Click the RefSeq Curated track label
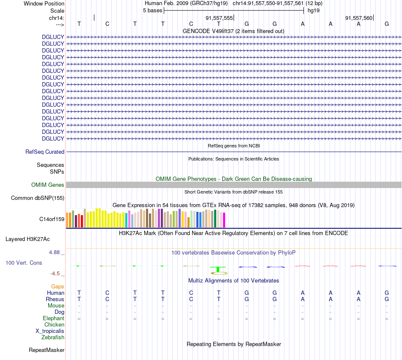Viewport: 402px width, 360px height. (x=45, y=152)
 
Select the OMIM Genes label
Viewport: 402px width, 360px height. (x=47, y=185)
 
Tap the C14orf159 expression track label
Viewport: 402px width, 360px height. (x=52, y=219)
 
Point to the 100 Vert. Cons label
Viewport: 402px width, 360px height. (x=24, y=263)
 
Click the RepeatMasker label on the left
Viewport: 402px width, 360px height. (x=47, y=350)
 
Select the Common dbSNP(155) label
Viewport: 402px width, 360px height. (x=38, y=198)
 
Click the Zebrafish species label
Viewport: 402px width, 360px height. (x=53, y=337)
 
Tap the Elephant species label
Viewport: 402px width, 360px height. (x=53, y=318)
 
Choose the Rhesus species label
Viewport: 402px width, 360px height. (x=55, y=299)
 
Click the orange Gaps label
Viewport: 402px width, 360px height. (x=58, y=286)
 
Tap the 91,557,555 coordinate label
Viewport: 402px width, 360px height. (x=219, y=18)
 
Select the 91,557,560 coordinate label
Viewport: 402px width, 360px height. (x=359, y=18)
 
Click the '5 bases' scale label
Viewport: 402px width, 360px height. (x=152, y=10)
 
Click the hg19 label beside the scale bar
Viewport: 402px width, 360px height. (x=314, y=10)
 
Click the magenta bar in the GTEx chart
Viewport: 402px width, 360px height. (x=224, y=220)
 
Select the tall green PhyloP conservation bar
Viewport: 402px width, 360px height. (x=218, y=269)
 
